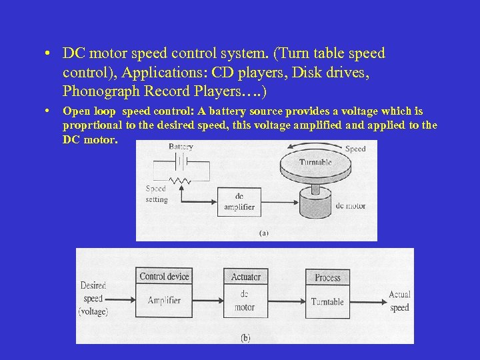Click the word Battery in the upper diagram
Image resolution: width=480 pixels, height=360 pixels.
pyautogui.click(x=181, y=146)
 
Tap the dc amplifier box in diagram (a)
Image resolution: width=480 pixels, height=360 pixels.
pyautogui.click(x=239, y=201)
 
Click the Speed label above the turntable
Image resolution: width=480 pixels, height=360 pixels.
pyautogui.click(x=355, y=149)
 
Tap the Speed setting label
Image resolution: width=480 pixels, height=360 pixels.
pyautogui.click(x=156, y=194)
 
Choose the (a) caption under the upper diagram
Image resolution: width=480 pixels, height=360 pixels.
pyautogui.click(x=263, y=233)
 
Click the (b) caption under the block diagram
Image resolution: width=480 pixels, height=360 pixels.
pyautogui.click(x=245, y=338)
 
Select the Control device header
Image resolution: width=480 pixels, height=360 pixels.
pyautogui.click(x=164, y=277)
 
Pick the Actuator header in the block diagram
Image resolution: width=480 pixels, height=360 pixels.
pyautogui.click(x=245, y=277)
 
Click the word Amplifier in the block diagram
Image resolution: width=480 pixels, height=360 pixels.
pyautogui.click(x=164, y=301)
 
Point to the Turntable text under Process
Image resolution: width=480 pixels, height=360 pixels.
pyautogui.click(x=327, y=302)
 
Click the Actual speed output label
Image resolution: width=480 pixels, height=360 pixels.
pyautogui.click(x=399, y=301)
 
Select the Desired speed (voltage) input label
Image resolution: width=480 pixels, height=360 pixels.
pyautogui.click(x=93, y=298)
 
